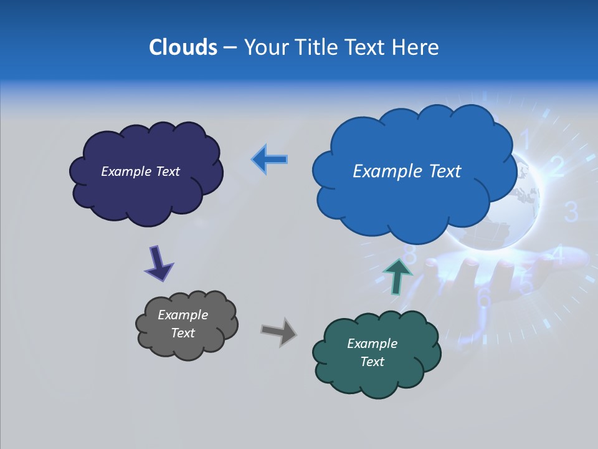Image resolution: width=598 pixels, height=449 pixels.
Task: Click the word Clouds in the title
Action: tap(183, 47)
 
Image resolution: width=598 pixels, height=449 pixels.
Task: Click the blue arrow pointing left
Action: tap(270, 160)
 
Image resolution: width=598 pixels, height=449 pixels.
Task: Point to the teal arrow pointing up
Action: tap(397, 275)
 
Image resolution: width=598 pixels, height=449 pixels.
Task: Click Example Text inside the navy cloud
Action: tap(140, 171)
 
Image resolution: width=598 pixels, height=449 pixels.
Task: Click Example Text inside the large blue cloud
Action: tap(407, 171)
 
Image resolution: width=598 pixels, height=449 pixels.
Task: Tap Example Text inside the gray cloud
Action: tap(183, 324)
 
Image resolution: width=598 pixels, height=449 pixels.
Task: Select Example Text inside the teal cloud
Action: tap(372, 352)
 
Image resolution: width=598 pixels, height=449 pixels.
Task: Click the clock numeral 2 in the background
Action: tap(557, 167)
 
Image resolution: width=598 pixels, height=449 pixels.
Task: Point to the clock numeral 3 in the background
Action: tap(571, 213)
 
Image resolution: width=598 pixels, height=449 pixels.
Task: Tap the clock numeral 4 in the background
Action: tap(558, 255)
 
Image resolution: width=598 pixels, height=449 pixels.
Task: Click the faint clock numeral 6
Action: tap(484, 298)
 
